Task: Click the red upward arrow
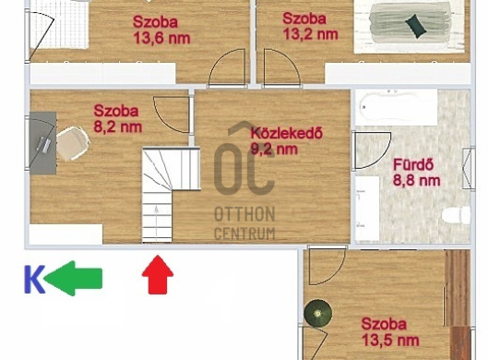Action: coord(158,274)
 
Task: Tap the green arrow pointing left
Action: coord(73,278)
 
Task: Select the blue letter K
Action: coord(34,279)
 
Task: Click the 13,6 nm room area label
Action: coord(161,38)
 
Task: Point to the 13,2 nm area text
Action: coord(310,34)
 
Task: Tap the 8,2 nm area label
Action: coord(118,127)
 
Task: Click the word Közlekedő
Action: coord(287,133)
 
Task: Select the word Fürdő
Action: coord(413,164)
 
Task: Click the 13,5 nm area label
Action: coord(390,340)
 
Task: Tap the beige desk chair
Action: coord(73,143)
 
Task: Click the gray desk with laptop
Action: coord(43,143)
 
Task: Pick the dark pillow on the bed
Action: coord(416,26)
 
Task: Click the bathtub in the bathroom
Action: coord(397,107)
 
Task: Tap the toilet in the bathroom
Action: coord(456,215)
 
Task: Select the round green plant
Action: coord(318,313)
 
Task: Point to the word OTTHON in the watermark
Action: coord(244,214)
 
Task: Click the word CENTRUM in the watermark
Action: coord(244,234)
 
